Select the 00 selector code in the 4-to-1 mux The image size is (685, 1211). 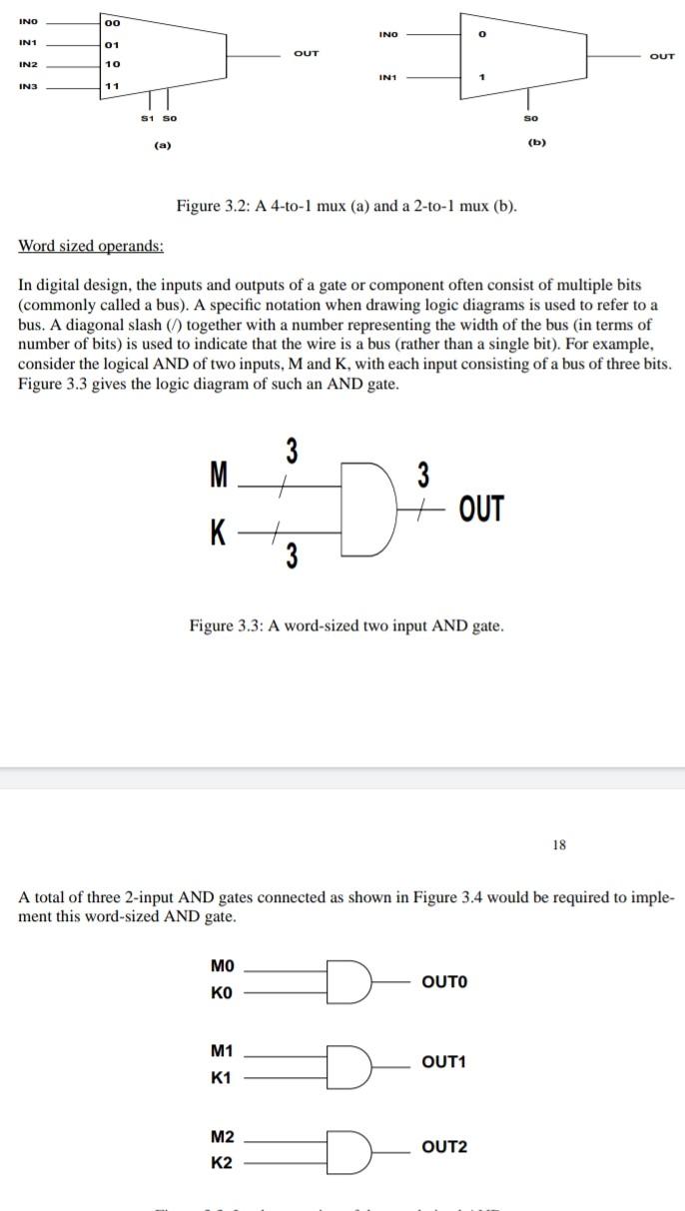pyautogui.click(x=112, y=24)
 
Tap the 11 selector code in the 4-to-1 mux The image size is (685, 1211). pyautogui.click(x=112, y=86)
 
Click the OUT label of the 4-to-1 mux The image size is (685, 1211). pyautogui.click(x=307, y=52)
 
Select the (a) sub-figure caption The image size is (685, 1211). pyautogui.click(x=161, y=146)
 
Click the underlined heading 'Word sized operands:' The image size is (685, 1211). pyautogui.click(x=92, y=246)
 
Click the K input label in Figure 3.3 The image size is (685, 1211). pyautogui.click(x=218, y=533)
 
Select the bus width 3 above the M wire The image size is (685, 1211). pyautogui.click(x=292, y=452)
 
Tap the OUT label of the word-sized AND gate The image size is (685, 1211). pyautogui.click(x=482, y=509)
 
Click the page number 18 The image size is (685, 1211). pyautogui.click(x=558, y=844)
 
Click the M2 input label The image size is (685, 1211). pyautogui.click(x=223, y=1137)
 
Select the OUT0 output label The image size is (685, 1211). pyautogui.click(x=444, y=981)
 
